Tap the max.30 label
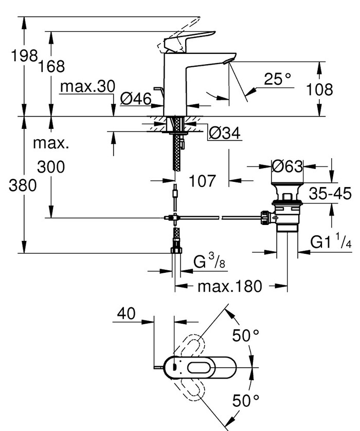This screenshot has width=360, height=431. pos(87,87)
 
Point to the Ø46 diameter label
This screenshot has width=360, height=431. pos(136,99)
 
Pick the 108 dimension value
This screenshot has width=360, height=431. pos(319,89)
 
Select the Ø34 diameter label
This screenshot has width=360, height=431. pos(225,133)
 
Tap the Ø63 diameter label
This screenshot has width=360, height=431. pos(287,166)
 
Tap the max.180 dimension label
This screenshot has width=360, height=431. pos(229,286)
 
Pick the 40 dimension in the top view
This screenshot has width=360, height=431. pos(127,313)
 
